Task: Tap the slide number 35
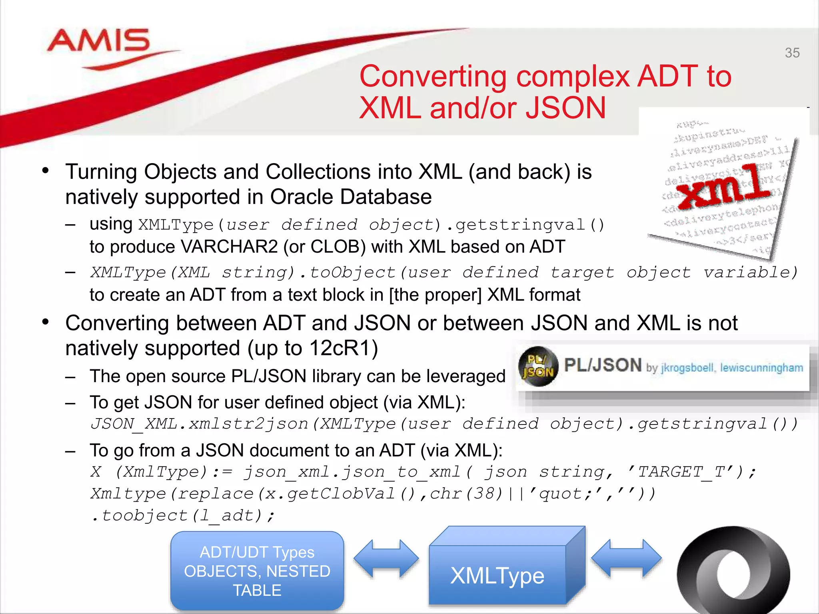click(792, 53)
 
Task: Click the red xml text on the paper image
click(726, 186)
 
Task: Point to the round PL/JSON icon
click(538, 366)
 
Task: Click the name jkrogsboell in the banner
click(687, 368)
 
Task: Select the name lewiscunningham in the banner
click(761, 368)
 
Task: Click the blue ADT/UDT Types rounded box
click(257, 571)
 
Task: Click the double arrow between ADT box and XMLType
click(386, 558)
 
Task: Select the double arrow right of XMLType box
click(626, 558)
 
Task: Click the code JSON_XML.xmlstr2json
click(200, 424)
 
